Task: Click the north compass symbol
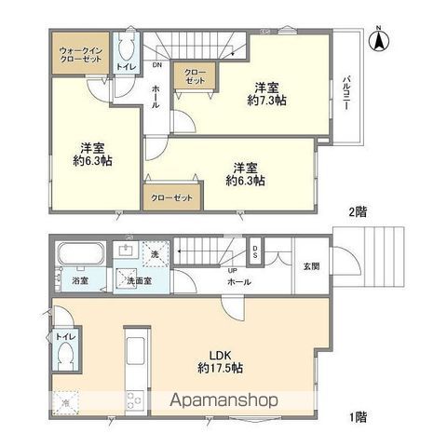379,39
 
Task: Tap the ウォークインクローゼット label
79,54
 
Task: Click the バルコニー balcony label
345,90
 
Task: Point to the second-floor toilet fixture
128,48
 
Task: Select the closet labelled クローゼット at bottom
171,197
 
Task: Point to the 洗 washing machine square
155,254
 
